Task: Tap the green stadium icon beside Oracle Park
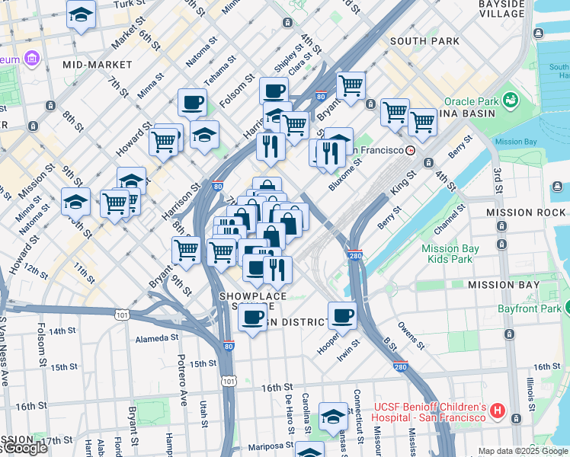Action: coord(510,101)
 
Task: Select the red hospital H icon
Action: coord(498,411)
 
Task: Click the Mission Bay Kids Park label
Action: coord(450,254)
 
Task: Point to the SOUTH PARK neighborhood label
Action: coord(424,40)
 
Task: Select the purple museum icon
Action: coord(31,59)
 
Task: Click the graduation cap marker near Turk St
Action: coord(81,16)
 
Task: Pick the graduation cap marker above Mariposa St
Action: coord(333,417)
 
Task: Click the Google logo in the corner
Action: coord(24,449)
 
